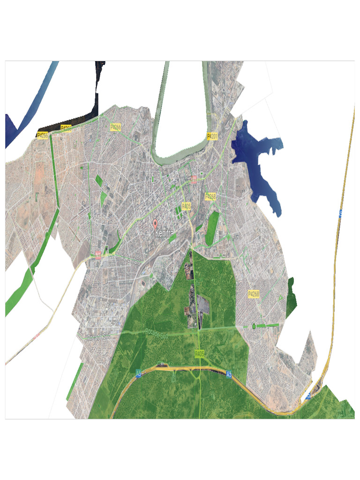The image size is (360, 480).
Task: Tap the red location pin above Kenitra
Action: coord(156,223)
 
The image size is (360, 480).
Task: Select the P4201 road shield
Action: coord(212,136)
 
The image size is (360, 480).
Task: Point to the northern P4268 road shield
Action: coord(210,197)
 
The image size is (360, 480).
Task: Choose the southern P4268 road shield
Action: coord(254,294)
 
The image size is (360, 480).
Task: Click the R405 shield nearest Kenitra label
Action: coord(187,206)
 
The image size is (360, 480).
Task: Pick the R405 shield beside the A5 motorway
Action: coord(200,354)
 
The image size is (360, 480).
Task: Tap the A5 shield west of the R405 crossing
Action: coord(138,374)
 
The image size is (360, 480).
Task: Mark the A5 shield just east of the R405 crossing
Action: coord(229,374)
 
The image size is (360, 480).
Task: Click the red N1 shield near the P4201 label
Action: coord(194,179)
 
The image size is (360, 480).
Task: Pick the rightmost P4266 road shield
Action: coord(116,127)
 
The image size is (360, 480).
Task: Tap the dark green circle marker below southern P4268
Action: coord(254,326)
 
